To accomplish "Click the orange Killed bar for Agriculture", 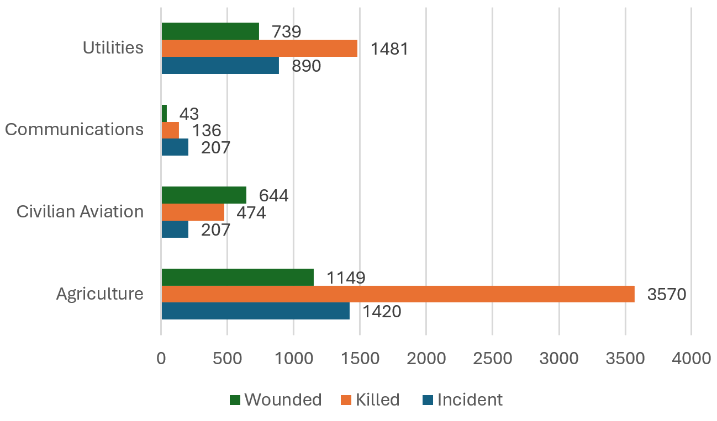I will coord(398,294).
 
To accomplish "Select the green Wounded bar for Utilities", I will coord(210,31).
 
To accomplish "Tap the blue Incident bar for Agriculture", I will coord(255,311).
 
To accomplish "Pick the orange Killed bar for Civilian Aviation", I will coord(193,212).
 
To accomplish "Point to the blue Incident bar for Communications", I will coord(175,147).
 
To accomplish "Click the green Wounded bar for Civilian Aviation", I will coord(204,195).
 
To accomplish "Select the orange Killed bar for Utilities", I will coord(259,49).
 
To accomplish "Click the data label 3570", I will coord(667,294).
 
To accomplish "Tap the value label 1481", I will coord(389,49).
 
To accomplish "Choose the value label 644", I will coord(273,195).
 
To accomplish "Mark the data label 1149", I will coord(346,278).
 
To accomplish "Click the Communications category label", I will coord(74,129).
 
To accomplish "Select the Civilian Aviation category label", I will coord(80,211).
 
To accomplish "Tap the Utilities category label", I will coord(113,47).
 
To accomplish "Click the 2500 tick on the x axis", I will coord(492,359).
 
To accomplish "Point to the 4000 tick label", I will coord(691,359).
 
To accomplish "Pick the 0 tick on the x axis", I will coord(161,359).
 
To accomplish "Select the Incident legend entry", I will coord(462,399).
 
